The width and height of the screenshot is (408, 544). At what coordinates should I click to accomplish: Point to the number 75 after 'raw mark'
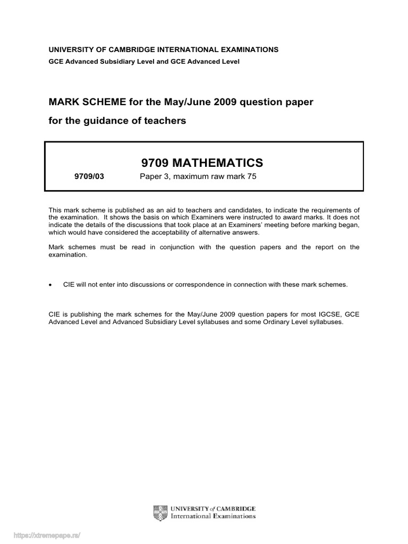(251, 177)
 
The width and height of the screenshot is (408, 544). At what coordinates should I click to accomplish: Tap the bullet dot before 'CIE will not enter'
(50, 285)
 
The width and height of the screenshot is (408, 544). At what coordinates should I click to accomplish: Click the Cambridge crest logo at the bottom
(159, 512)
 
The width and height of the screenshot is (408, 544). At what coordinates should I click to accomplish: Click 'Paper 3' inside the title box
(153, 177)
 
